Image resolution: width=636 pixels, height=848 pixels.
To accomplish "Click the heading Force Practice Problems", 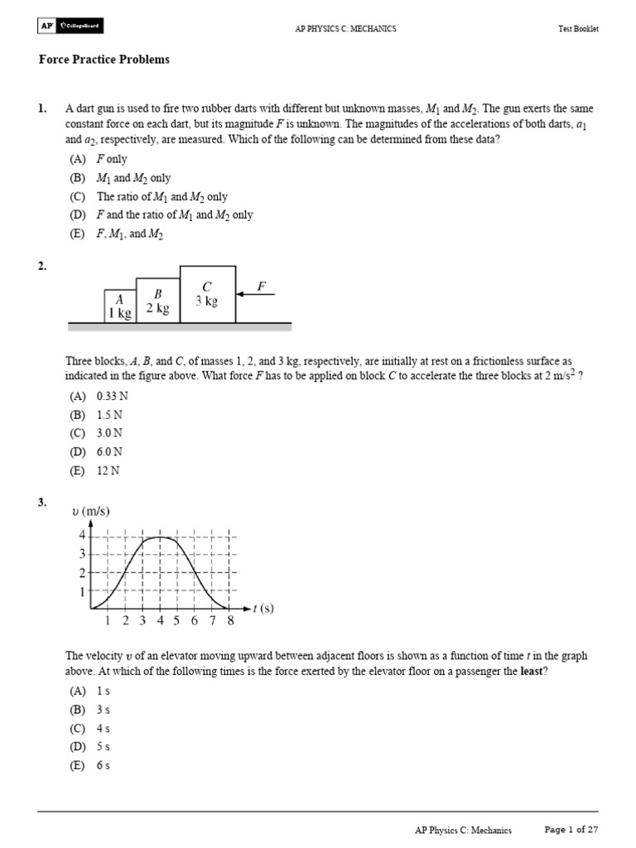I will point(104,60).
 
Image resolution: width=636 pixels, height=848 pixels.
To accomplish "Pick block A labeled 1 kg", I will point(119,306).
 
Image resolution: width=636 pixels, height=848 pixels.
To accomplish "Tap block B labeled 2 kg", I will point(157,301).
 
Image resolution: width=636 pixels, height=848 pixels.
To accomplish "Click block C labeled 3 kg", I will point(207,294).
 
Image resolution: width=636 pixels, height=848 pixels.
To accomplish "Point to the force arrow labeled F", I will point(255,293).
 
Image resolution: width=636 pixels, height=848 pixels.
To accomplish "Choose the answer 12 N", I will point(96,470).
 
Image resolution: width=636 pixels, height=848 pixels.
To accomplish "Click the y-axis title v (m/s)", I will point(91,511).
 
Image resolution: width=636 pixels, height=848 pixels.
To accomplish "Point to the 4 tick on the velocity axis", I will point(82,535).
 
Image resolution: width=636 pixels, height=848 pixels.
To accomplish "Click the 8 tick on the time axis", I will point(230,621).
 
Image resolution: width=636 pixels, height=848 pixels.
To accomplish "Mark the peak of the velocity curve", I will point(161,537).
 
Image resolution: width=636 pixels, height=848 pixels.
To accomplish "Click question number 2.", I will point(42,267).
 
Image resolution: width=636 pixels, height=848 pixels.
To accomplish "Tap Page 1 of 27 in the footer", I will point(571,829).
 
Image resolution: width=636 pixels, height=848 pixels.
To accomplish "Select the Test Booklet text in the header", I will point(578,29).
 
